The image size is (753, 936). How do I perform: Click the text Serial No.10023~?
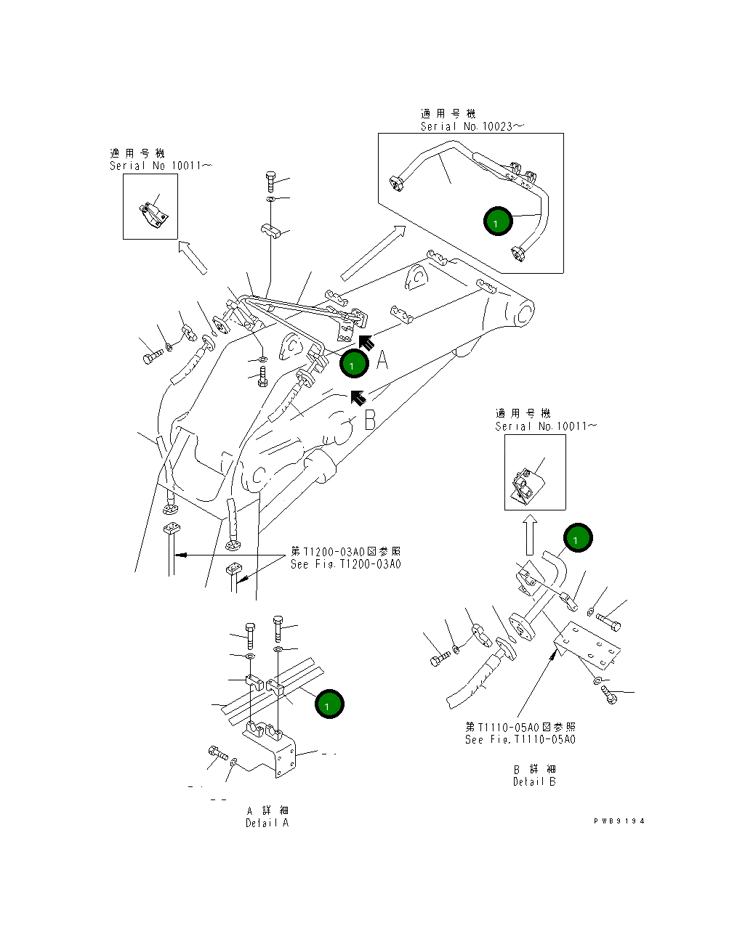(x=471, y=126)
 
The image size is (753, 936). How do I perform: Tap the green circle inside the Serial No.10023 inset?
(x=498, y=222)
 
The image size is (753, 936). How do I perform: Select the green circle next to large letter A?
(x=354, y=365)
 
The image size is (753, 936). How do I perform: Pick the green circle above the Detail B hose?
(x=578, y=538)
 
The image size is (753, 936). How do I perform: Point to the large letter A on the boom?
(x=382, y=359)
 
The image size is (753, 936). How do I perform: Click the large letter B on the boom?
(x=369, y=420)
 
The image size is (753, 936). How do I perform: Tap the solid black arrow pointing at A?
(x=365, y=341)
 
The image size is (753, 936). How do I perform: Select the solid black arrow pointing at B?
(x=358, y=396)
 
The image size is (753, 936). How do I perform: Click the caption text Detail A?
(x=267, y=823)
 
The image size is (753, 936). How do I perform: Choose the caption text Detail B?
(x=533, y=781)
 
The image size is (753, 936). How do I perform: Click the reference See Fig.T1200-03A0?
(x=345, y=564)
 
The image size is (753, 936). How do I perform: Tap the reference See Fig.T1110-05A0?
(x=520, y=739)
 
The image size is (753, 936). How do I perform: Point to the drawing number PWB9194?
(x=619, y=821)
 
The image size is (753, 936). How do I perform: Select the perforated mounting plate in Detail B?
(x=589, y=651)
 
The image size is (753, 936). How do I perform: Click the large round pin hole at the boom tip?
(x=526, y=312)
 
